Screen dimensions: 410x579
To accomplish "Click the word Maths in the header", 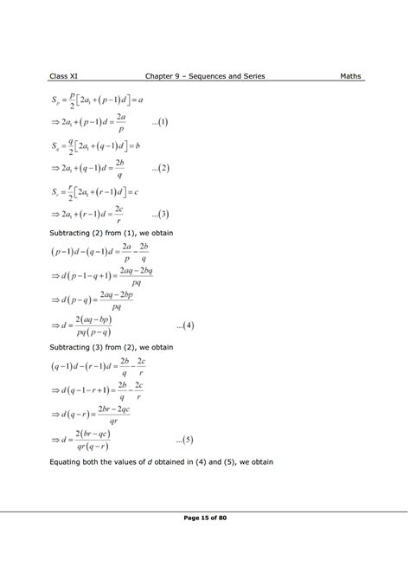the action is click(x=349, y=77).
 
